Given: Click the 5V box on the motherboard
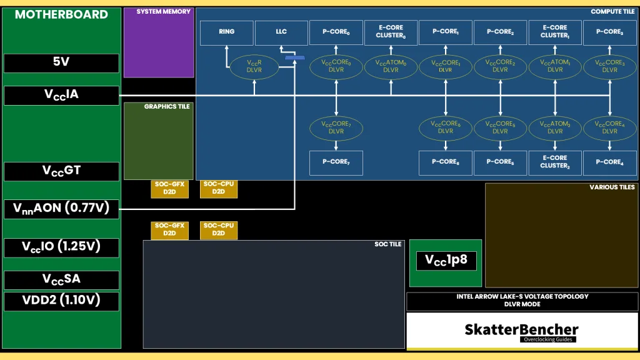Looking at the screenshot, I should [x=61, y=62].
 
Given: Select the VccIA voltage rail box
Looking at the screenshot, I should [x=61, y=95].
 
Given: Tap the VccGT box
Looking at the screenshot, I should [x=61, y=171].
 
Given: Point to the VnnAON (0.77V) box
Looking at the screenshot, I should [x=61, y=209].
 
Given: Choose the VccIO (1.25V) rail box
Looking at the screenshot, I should [x=61, y=247].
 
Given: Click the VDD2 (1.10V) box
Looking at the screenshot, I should [x=61, y=301].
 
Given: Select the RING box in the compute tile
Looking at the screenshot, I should [x=227, y=32].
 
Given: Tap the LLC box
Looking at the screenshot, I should [x=281, y=32].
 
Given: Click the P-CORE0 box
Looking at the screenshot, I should [x=336, y=32].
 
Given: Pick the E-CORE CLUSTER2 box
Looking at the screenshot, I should [x=555, y=162].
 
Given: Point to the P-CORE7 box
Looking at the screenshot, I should [x=336, y=162].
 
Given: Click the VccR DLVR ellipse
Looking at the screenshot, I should [x=254, y=66].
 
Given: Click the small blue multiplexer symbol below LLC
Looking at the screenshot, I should [x=294, y=58].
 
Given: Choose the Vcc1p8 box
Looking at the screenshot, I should [x=446, y=261].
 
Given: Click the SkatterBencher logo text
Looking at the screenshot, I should [x=521, y=329].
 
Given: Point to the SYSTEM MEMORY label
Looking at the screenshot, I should [x=164, y=12].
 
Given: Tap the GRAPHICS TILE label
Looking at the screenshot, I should [x=167, y=107].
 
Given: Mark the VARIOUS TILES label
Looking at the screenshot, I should [x=612, y=187].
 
